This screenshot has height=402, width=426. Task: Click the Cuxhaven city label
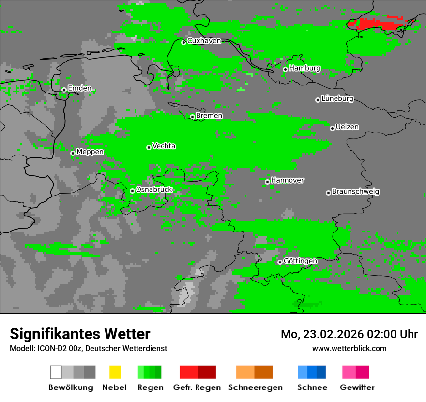[x=204, y=41]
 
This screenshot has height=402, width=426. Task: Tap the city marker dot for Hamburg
[x=285, y=69]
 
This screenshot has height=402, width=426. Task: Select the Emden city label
[x=79, y=88]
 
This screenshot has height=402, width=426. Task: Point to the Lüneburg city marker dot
[x=318, y=100]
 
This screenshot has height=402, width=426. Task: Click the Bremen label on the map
[x=209, y=116]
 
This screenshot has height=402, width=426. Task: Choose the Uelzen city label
[x=347, y=127]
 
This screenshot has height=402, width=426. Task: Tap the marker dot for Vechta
[x=149, y=147]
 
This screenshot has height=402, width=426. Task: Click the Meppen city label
[x=90, y=152]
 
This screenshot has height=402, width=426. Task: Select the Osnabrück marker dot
[x=132, y=191]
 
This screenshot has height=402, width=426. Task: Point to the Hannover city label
[x=288, y=180]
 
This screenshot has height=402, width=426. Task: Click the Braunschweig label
[x=355, y=192]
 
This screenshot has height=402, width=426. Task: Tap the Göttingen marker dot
[x=280, y=262]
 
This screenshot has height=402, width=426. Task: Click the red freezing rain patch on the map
[x=375, y=23]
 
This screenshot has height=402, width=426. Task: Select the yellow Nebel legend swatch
[x=115, y=372]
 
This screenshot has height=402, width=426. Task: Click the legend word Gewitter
[x=357, y=387]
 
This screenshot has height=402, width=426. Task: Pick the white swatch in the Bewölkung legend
[x=56, y=372]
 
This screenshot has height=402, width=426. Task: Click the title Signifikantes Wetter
[x=80, y=334]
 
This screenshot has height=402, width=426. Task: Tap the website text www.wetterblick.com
[x=349, y=348]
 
